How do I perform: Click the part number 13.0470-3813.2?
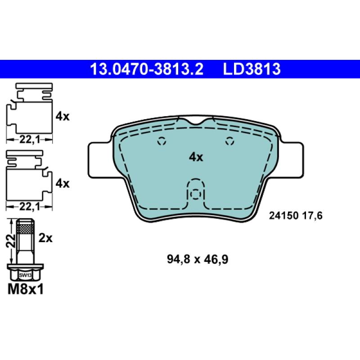pos(147,69)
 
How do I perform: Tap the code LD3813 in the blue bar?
pos(252,69)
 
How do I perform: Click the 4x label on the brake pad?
pos(196,157)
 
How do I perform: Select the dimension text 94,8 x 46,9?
pos(198,260)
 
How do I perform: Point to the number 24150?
pos(283,216)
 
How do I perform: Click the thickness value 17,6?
pos(313,216)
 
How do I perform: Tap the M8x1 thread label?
pos(26,289)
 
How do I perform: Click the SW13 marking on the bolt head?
pos(25,275)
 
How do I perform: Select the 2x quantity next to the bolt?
pos(45,238)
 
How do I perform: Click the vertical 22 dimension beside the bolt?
pos(10,241)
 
